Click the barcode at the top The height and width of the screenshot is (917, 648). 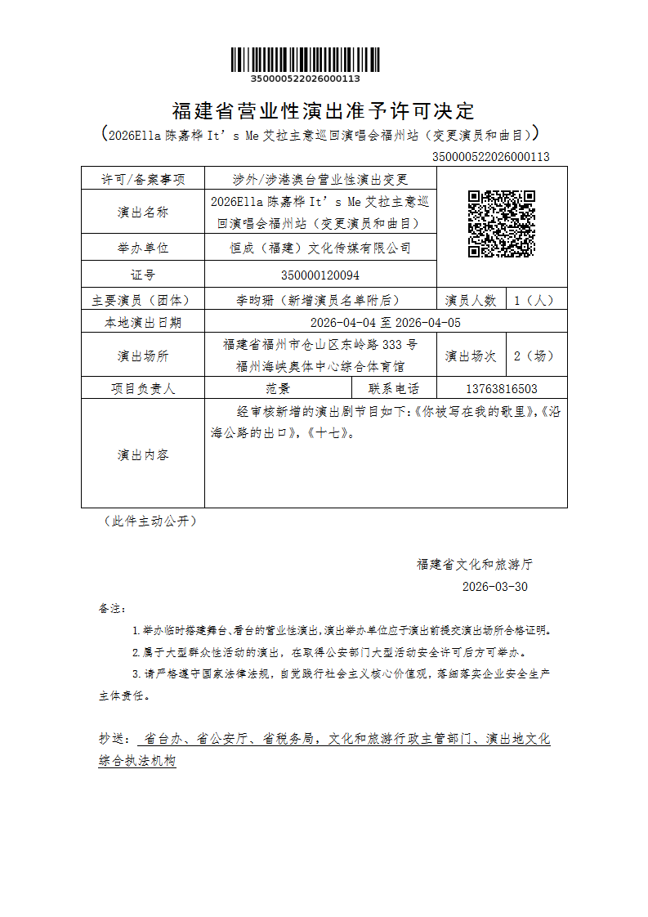click(305, 60)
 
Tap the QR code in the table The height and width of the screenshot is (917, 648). click(501, 223)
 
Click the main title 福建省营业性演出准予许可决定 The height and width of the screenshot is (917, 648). click(324, 110)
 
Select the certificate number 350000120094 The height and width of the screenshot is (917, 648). click(320, 275)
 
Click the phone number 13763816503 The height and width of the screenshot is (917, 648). click(501, 389)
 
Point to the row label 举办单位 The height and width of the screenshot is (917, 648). click(143, 248)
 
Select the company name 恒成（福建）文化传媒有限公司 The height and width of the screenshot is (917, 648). click(320, 248)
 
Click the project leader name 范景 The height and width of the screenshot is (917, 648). click(278, 389)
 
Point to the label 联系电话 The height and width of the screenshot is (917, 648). click(394, 389)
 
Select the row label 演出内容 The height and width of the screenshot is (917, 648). click(143, 454)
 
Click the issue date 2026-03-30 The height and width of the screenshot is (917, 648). click(495, 587)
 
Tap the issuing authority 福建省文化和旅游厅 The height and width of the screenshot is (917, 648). click(475, 564)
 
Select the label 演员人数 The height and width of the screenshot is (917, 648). click(471, 300)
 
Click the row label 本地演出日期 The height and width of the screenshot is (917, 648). click(143, 323)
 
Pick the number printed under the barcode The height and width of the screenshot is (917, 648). click(305, 78)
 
